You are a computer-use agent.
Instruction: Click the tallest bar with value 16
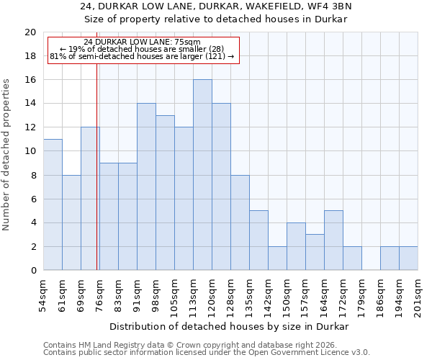pos(202,175)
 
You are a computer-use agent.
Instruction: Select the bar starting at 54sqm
pos(53,204)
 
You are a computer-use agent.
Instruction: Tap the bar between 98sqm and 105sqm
pos(165,192)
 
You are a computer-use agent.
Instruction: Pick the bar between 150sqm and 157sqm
pos(296,246)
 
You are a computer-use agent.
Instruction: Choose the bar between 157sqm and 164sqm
pos(315,252)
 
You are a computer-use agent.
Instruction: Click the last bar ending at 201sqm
pos(408,258)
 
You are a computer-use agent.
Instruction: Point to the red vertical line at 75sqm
pos(97,180)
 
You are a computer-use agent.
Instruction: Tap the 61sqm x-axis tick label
pos(62,291)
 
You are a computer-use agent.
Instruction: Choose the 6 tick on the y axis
pos(33,199)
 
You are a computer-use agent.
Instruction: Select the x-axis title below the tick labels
pos(230,326)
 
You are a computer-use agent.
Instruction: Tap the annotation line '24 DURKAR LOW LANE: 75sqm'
pos(142,42)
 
